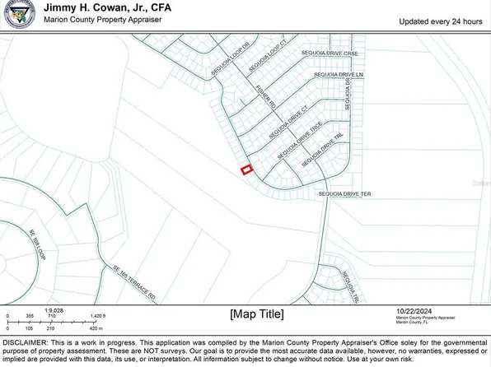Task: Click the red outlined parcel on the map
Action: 245,170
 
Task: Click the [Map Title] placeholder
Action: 257,314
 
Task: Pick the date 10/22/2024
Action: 414,309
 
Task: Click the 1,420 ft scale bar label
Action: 99,316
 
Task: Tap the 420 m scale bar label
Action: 98,328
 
